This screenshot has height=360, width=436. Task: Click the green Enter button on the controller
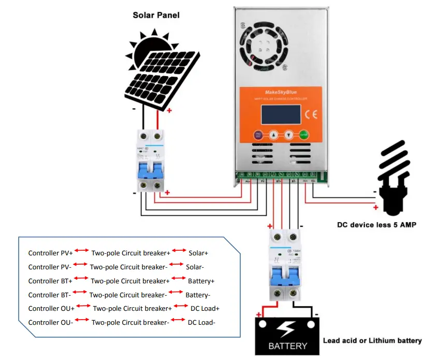pos(303,135)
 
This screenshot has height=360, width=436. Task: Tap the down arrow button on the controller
pos(289,135)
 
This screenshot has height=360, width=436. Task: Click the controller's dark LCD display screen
pos(281,114)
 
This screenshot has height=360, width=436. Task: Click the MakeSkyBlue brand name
pos(281,91)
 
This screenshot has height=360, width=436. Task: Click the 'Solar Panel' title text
pos(156,15)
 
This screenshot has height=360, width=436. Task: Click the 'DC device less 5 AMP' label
pos(377,225)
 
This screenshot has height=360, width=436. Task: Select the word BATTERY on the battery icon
pos(287,345)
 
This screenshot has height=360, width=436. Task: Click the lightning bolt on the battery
pos(287,328)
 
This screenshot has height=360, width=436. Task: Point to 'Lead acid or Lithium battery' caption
pos(372,341)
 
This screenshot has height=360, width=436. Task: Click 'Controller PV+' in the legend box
pos(50,253)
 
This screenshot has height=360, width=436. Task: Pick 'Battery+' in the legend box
pos(201,281)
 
